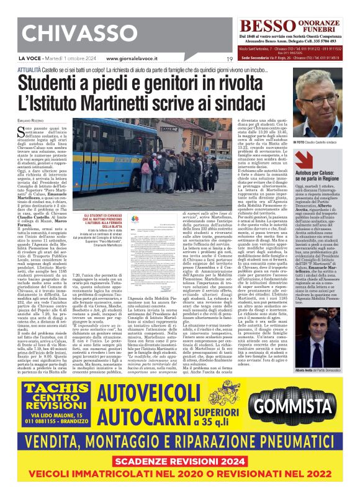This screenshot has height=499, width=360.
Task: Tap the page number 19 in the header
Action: tap(229, 59)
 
